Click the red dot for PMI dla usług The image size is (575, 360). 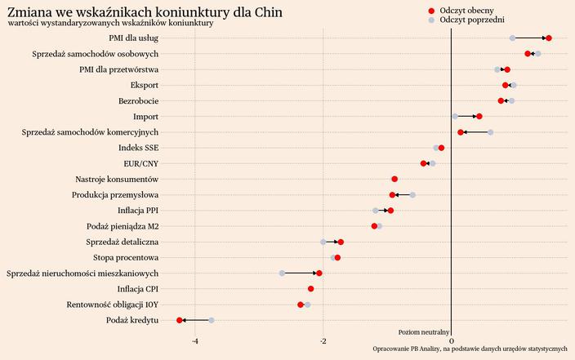549,38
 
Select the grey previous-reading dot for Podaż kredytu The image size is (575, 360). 212,320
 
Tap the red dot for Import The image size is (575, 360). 479,117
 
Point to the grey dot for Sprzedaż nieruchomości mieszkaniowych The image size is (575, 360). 282,273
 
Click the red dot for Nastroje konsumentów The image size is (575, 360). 394,179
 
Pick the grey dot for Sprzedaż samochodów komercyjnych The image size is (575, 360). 490,132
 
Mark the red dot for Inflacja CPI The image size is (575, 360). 311,289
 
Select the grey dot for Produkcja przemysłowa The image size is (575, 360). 412,195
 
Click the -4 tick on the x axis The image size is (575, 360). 194,340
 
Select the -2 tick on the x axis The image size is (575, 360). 323,340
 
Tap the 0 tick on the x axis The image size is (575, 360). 451,340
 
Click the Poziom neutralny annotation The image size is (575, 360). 423,332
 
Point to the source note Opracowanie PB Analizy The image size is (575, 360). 470,349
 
